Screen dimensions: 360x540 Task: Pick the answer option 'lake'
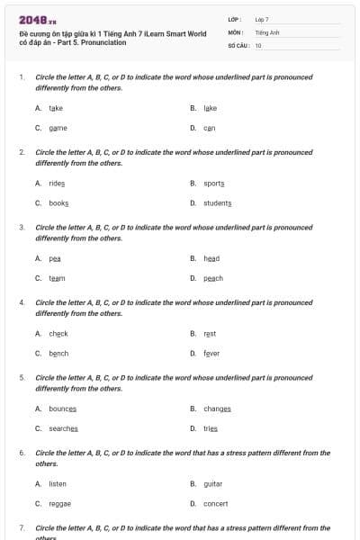click(210, 108)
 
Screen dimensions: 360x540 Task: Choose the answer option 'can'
click(209, 129)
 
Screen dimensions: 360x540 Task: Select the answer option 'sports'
click(213, 183)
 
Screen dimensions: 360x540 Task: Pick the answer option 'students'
click(217, 203)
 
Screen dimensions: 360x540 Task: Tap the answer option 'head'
click(211, 258)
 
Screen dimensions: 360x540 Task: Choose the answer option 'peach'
click(212, 279)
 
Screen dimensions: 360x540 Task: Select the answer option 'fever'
click(211, 354)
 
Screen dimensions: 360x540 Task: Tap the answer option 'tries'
click(211, 429)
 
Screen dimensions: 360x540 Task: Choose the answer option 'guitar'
click(212, 483)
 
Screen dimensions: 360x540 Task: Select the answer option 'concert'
click(215, 504)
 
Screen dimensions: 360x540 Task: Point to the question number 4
click(22, 302)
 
